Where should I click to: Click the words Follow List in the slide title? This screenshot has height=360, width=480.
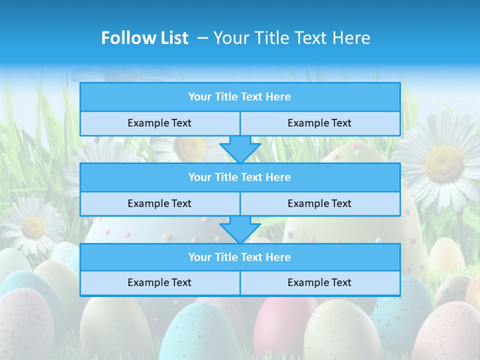[144, 38]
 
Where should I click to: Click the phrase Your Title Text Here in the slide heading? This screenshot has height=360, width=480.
[291, 38]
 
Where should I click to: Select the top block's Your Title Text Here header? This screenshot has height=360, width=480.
[239, 97]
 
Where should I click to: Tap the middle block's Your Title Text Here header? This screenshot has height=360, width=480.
[239, 177]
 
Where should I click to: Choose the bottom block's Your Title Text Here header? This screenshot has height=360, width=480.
[239, 257]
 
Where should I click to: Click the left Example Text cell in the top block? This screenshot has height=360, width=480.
[159, 123]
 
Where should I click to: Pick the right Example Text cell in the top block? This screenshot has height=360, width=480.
[319, 123]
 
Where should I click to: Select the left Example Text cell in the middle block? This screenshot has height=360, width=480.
[159, 203]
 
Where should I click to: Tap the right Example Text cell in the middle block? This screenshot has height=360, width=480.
[319, 203]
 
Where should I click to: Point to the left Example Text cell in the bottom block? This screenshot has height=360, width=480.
[159, 282]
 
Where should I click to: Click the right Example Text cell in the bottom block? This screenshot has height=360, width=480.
[319, 282]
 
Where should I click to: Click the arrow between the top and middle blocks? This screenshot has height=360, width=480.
[240, 149]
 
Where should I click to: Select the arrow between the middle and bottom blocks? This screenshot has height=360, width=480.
[240, 229]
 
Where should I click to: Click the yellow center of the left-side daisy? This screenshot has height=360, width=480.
[33, 227]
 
